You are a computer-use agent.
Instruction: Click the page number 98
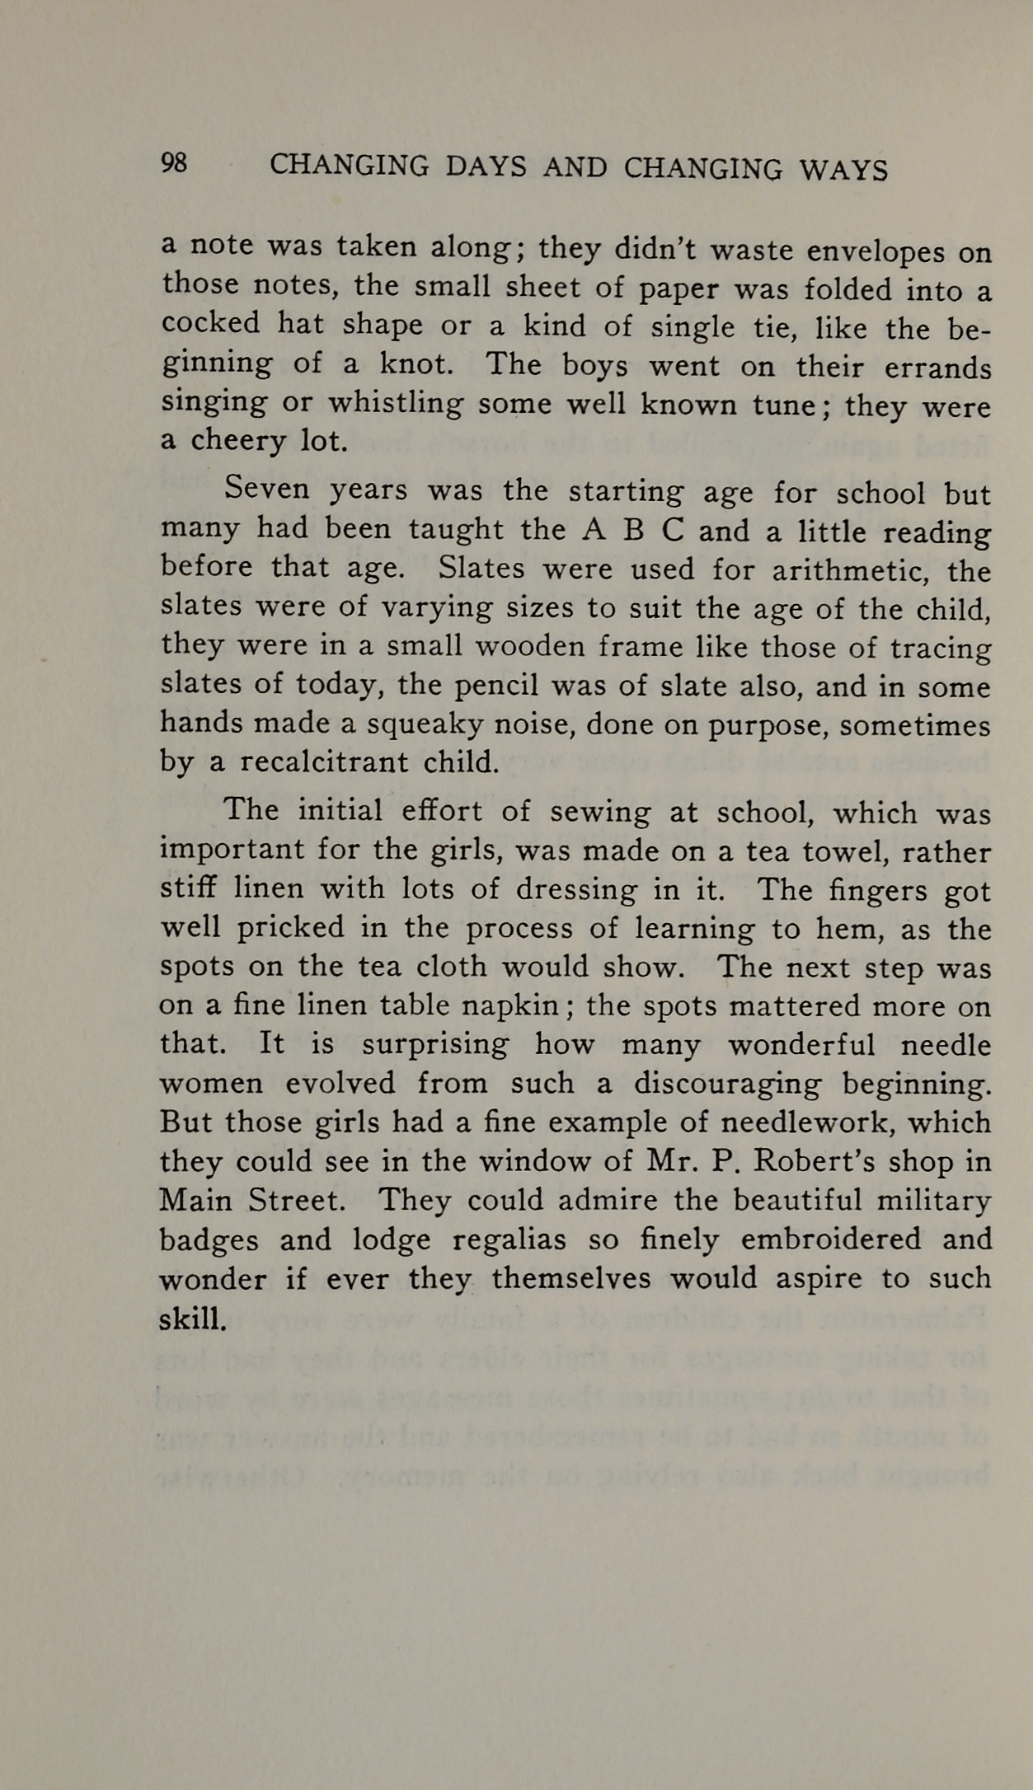175,163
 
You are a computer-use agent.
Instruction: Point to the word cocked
209,322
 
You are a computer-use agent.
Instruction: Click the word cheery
238,442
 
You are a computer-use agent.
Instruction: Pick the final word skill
191,1319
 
